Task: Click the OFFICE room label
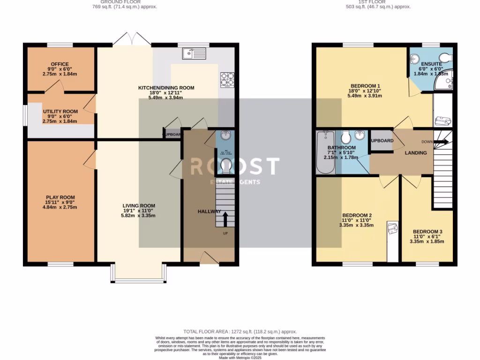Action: pyautogui.click(x=60, y=64)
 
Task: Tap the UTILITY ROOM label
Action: pyautogui.click(x=60, y=112)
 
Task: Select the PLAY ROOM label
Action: pyautogui.click(x=60, y=197)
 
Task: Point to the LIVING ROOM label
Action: pyautogui.click(x=139, y=206)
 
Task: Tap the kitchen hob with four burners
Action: pyautogui.click(x=227, y=80)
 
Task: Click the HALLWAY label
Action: pyautogui.click(x=209, y=211)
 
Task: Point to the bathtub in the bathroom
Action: pyautogui.click(x=325, y=152)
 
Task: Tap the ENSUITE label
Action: pyautogui.click(x=430, y=64)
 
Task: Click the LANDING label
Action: pyautogui.click(x=416, y=153)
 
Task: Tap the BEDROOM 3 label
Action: pyautogui.click(x=427, y=232)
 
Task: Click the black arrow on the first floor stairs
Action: pyautogui.click(x=442, y=142)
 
